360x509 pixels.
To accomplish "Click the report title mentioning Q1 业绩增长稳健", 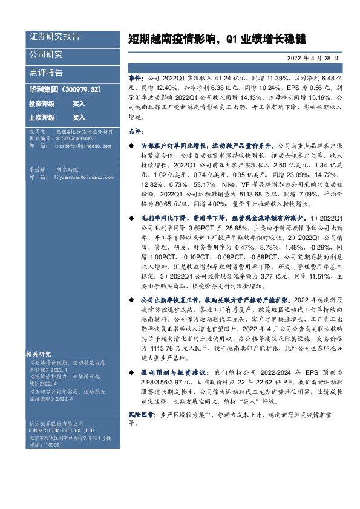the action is (x=217, y=39).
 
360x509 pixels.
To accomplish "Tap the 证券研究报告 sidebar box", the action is (x=54, y=36).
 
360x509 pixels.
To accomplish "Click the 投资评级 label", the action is (x=42, y=104).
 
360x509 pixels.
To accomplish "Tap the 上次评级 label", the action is (x=42, y=117).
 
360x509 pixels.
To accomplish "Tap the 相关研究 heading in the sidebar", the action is (x=39, y=354).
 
